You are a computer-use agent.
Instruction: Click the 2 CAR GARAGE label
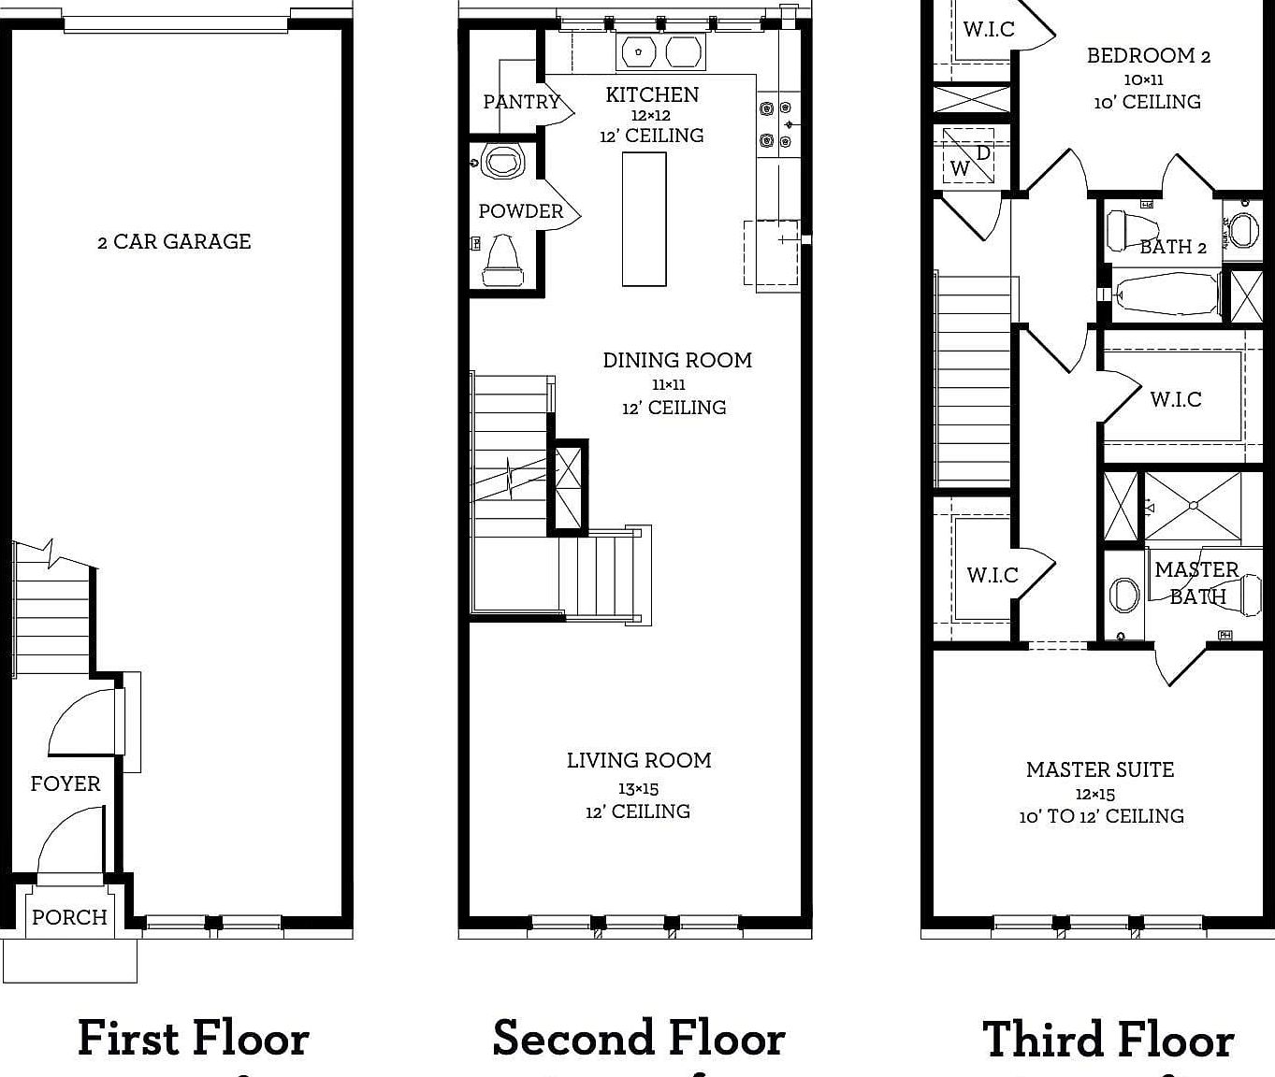[x=174, y=241]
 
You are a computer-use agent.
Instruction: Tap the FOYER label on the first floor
[x=65, y=783]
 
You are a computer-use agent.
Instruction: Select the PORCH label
[x=69, y=917]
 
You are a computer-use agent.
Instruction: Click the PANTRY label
[x=521, y=102]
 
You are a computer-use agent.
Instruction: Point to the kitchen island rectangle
[x=644, y=219]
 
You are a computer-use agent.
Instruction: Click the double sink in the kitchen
[x=660, y=52]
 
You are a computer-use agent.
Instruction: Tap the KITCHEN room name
[x=652, y=94]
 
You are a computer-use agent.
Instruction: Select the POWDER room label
[x=521, y=211]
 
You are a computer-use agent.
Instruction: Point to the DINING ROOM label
[x=676, y=360]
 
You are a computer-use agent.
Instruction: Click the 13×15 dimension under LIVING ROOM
[x=638, y=789]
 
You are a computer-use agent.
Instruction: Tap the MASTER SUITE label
[x=1099, y=769]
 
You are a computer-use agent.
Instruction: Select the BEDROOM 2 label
[x=1148, y=56]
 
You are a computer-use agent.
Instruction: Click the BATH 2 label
[x=1172, y=247]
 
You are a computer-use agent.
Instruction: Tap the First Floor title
[x=193, y=1039]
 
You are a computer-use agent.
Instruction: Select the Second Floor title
[x=638, y=1039]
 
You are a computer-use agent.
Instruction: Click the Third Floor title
[x=1108, y=1041]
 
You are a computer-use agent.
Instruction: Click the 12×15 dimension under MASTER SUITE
[x=1094, y=795]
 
